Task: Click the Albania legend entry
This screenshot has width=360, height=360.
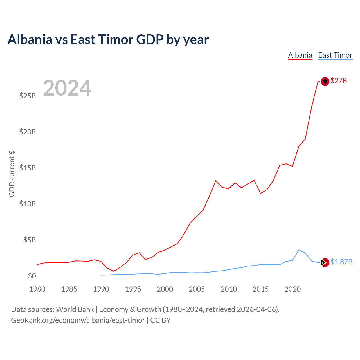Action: (x=300, y=55)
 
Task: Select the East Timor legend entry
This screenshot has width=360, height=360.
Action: (x=335, y=55)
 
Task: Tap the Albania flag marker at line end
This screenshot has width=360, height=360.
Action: (x=325, y=81)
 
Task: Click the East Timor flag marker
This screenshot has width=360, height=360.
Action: (x=325, y=262)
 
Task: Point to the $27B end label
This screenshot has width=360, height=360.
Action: (x=339, y=81)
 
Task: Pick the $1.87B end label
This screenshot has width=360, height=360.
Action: (x=341, y=262)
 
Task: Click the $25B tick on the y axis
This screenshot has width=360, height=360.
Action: (x=28, y=96)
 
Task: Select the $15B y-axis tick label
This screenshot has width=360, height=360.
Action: (x=28, y=168)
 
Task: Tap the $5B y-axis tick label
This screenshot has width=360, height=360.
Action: (x=30, y=240)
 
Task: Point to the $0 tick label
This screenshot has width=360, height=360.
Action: (x=32, y=276)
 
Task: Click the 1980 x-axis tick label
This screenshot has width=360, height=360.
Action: (x=37, y=289)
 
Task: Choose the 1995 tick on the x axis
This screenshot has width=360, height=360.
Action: (x=133, y=289)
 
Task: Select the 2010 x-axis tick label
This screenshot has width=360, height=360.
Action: (x=229, y=289)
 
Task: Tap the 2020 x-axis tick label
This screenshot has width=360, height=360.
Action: (x=292, y=289)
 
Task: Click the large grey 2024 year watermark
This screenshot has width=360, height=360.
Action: (x=67, y=88)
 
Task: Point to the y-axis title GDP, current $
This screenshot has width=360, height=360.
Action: (x=12, y=174)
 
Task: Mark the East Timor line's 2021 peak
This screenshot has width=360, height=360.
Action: (x=299, y=250)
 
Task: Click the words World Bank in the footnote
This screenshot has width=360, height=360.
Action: (x=75, y=309)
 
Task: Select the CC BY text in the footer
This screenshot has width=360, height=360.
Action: (x=161, y=320)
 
